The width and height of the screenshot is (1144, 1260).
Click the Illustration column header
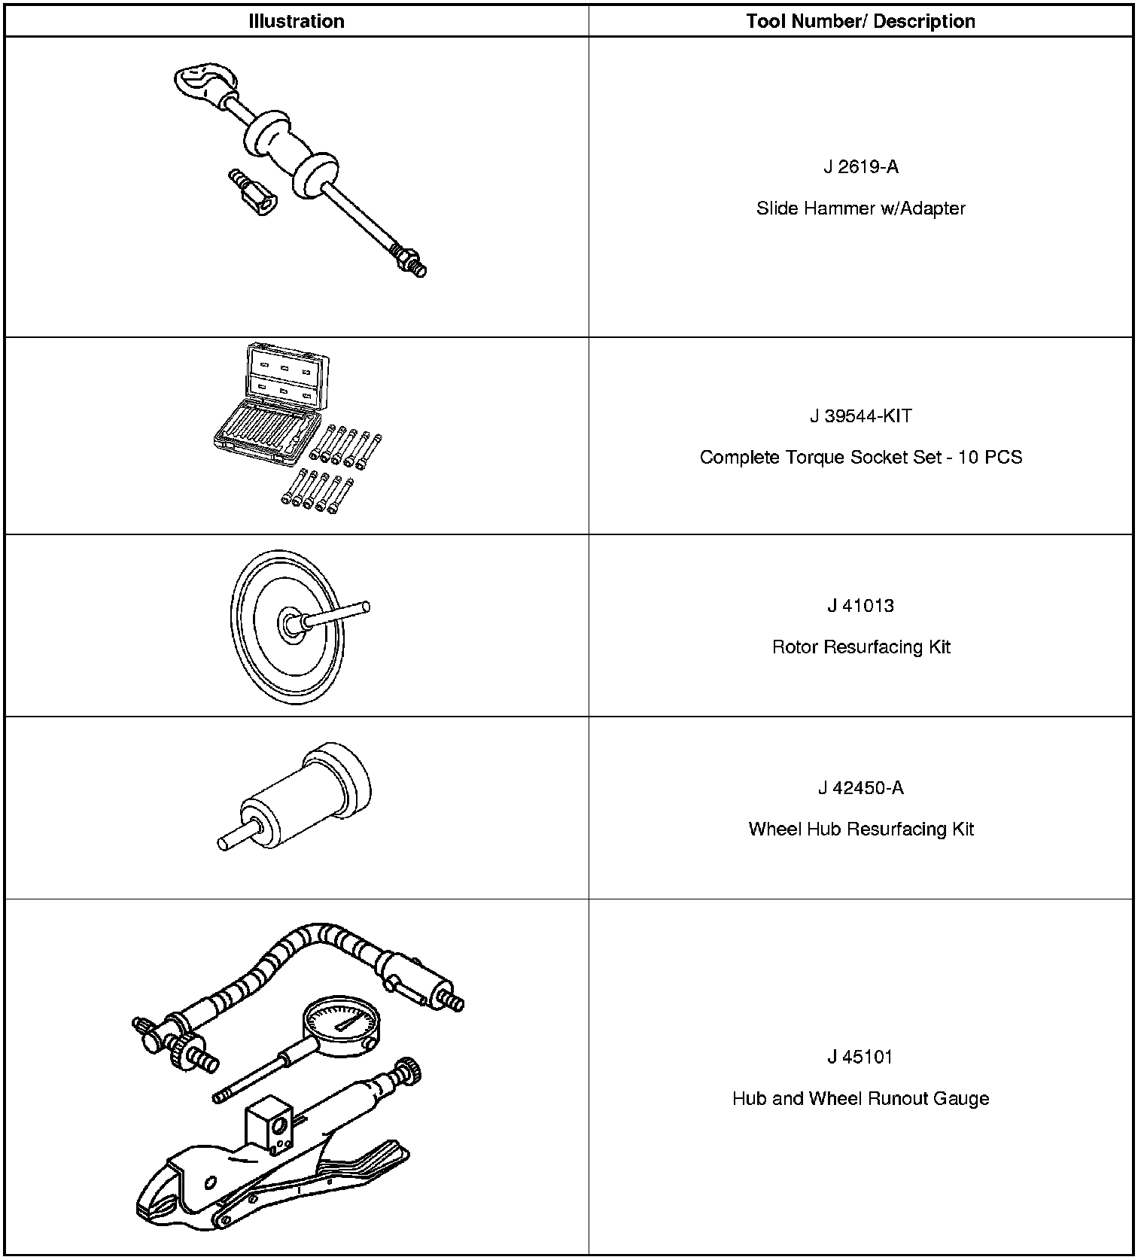[x=297, y=21]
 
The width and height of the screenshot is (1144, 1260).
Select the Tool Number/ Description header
[x=860, y=21]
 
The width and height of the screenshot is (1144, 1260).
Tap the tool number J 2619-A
[x=860, y=167]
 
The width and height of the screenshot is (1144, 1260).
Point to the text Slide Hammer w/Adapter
[x=860, y=208]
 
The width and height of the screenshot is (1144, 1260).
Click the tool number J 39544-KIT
[x=860, y=416]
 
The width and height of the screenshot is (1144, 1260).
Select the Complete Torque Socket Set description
[x=860, y=458]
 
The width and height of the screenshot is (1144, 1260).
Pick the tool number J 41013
[x=860, y=606]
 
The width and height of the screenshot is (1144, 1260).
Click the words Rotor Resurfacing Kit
[x=860, y=647]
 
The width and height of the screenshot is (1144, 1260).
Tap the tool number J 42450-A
[x=860, y=788]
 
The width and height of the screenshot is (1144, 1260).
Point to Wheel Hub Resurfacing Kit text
[x=860, y=829]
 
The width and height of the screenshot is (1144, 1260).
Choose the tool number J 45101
[x=860, y=1058]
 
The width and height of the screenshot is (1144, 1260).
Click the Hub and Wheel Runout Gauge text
[x=860, y=1099]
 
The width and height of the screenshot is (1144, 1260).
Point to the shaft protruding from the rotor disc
[x=339, y=613]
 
